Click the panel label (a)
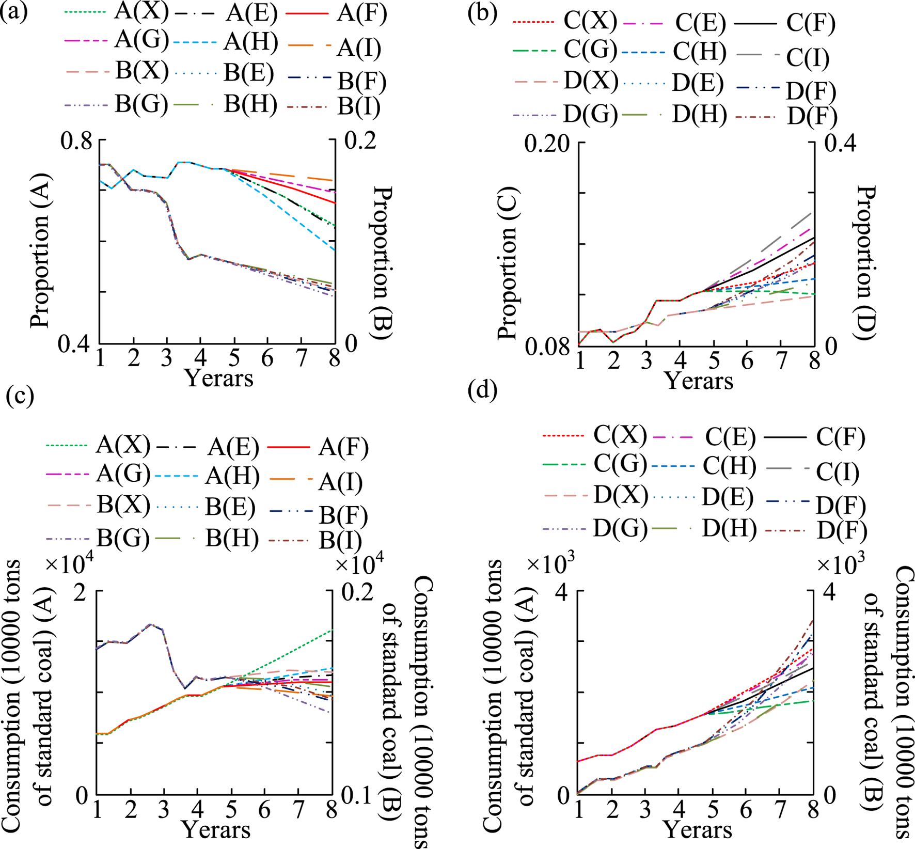click(x=14, y=11)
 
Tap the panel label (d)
click(x=482, y=391)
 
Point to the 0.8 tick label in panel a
click(x=76, y=140)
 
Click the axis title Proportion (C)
click(x=508, y=263)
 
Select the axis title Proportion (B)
click(x=382, y=263)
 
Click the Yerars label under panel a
click(x=219, y=379)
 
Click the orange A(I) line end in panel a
click(x=334, y=180)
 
